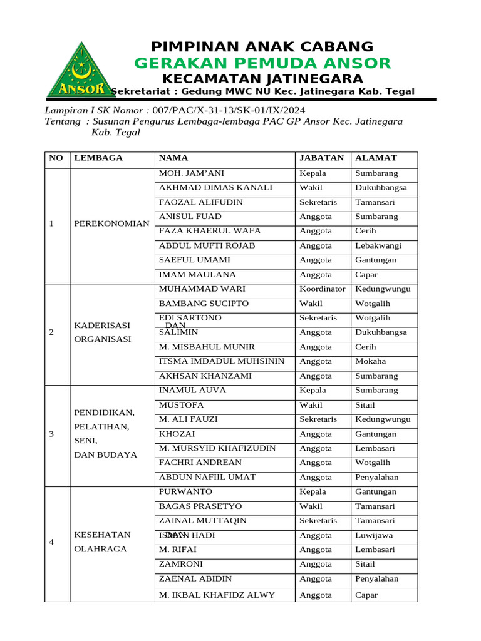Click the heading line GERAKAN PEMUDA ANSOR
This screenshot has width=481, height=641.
262,63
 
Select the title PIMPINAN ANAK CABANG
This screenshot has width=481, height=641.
262,47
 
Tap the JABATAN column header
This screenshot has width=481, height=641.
322,158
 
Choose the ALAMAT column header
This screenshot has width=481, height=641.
376,158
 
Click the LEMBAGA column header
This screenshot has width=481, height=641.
98,158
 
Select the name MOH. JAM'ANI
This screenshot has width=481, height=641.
192,173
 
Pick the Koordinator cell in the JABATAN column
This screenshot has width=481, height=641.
322,289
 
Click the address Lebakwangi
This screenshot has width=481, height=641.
378,246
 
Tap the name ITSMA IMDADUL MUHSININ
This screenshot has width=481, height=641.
222,361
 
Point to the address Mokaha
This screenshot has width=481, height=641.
371,361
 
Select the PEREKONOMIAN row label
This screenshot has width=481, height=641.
111,223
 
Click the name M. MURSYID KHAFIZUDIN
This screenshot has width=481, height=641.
217,448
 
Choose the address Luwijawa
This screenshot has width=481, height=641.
374,535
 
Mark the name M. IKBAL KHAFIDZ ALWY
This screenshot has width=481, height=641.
217,595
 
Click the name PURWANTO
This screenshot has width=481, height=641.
185,492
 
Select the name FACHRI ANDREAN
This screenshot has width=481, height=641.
200,463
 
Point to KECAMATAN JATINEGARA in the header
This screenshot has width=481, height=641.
262,79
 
